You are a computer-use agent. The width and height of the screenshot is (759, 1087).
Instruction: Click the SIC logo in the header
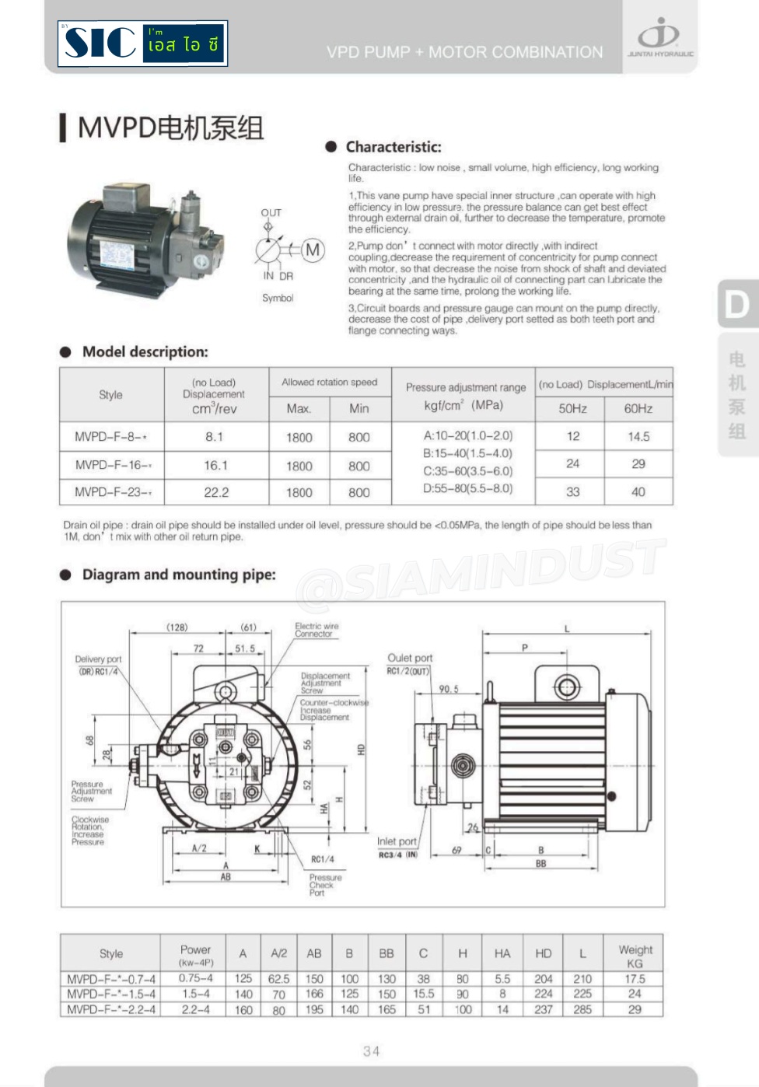[142, 44]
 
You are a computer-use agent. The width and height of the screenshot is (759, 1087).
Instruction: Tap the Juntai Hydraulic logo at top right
[659, 37]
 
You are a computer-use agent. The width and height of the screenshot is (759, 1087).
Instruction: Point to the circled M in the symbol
[313, 250]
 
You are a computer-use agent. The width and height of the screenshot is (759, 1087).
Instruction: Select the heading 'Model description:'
[145, 352]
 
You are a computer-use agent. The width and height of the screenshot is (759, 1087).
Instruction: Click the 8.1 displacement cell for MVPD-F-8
[215, 437]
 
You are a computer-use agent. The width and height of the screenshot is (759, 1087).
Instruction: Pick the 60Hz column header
[638, 408]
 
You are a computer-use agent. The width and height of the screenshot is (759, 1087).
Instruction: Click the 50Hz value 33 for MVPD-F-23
[572, 491]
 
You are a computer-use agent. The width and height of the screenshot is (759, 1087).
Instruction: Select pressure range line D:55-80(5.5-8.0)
[467, 489]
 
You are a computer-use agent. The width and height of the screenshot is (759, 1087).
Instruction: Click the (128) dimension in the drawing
[177, 627]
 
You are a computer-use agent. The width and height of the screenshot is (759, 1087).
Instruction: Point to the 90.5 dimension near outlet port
[449, 689]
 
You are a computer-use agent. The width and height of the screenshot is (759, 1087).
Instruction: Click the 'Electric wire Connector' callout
[316, 630]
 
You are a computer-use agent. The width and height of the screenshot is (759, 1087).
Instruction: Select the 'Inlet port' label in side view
[397, 841]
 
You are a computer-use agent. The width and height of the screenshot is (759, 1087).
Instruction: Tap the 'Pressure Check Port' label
[324, 885]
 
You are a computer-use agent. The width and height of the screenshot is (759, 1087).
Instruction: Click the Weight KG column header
[635, 956]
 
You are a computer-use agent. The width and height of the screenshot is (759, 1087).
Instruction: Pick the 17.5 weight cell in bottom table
[635, 979]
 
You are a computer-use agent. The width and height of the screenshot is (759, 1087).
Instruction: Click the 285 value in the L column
[582, 1009]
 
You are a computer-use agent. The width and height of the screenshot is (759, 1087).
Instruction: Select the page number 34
[371, 1051]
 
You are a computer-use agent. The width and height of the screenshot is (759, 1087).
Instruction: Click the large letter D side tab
[736, 303]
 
